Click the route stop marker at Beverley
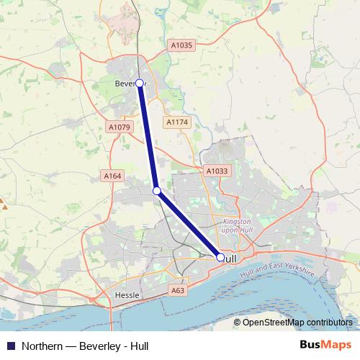140,83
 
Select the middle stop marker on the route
156,191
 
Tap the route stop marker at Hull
220,256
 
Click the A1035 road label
181,45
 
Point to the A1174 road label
176,122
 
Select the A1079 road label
118,127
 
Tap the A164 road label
112,176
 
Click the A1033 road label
216,171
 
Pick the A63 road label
178,290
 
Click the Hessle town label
126,295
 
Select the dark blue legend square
11,346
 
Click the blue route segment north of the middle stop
148,137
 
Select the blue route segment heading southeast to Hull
189,224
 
